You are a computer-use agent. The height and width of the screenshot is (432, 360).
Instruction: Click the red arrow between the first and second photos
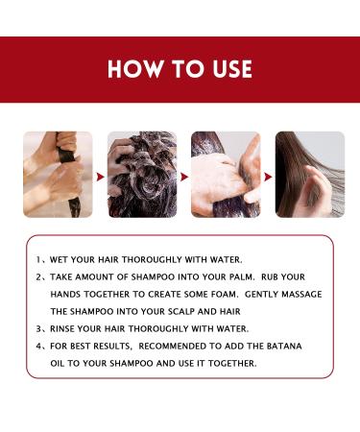click(99, 176)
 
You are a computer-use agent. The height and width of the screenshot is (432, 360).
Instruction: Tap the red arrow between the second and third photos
click(183, 176)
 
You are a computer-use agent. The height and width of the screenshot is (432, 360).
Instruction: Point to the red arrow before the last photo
click(268, 176)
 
